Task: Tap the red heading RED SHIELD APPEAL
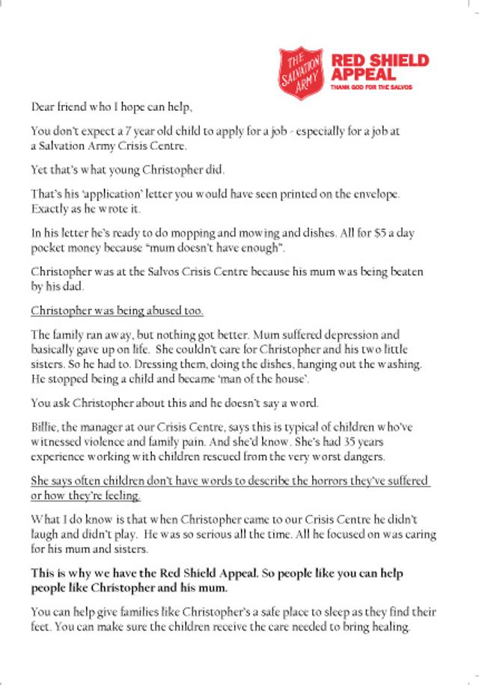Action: coord(379,67)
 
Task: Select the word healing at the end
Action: coord(391,627)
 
